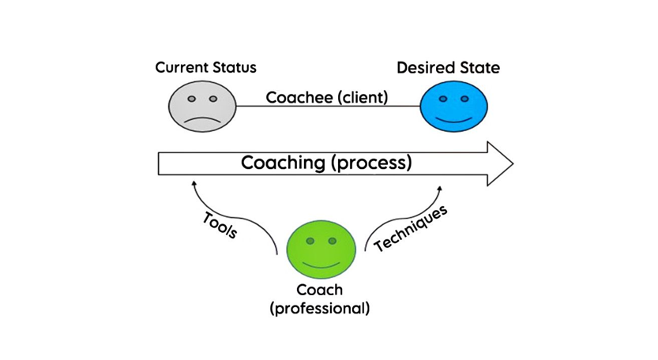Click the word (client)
tap(359, 98)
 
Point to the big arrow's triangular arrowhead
tap(498, 163)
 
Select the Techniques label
tap(411, 228)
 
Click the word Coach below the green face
tap(320, 291)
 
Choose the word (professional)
tap(320, 308)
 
